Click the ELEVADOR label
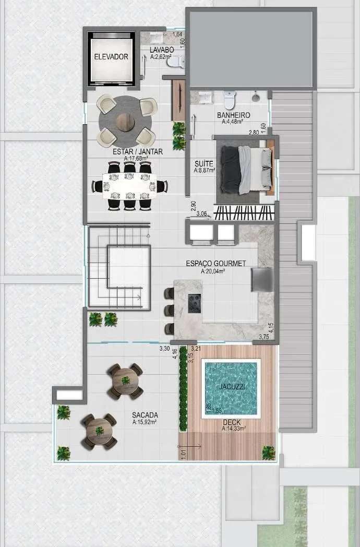[111, 56]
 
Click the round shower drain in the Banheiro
[256, 97]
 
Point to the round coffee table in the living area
[125, 122]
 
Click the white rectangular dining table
[129, 186]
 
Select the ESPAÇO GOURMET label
[216, 264]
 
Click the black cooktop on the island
[195, 303]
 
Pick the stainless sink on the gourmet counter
[262, 279]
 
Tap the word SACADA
[145, 415]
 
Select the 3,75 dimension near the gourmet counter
[264, 337]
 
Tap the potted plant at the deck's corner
[269, 453]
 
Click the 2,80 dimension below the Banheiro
[254, 133]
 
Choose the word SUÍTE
[203, 163]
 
